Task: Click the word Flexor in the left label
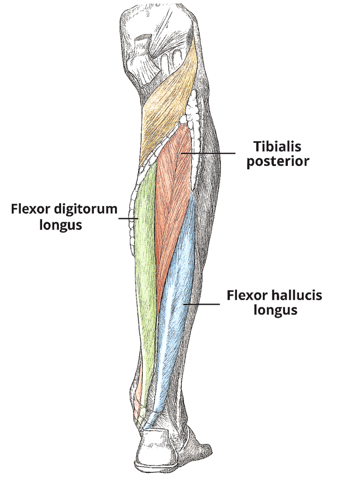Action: (28, 210)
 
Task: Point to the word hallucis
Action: (296, 295)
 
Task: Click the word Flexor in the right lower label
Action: (244, 295)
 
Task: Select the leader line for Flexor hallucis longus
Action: (203, 304)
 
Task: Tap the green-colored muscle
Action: (145, 254)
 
